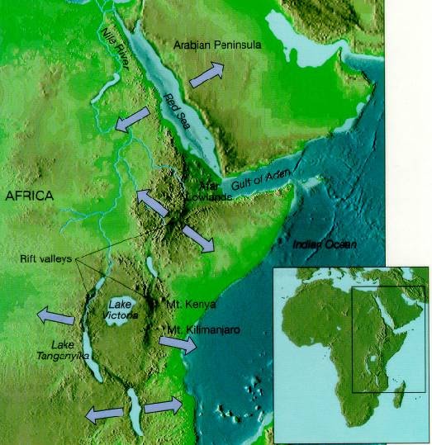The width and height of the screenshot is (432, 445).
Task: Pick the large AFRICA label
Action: click(29, 196)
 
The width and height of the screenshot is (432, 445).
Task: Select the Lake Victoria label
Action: click(121, 310)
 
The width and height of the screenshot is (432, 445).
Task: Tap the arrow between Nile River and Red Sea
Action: click(131, 121)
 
